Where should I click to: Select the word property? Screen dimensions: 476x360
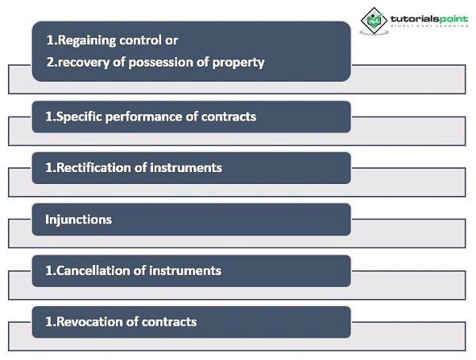238,63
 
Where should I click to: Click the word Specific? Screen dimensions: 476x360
79,117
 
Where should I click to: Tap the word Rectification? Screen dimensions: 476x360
94,167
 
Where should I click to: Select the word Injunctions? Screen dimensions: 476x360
79,220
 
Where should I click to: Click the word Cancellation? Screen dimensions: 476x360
93,270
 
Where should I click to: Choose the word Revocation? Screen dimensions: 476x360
90,322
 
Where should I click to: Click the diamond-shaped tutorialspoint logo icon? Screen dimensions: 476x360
374,21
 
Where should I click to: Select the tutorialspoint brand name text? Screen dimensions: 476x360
429,19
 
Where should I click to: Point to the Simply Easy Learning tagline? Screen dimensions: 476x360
429,26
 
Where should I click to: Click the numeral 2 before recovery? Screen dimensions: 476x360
50,62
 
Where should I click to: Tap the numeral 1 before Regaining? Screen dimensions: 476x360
50,40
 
